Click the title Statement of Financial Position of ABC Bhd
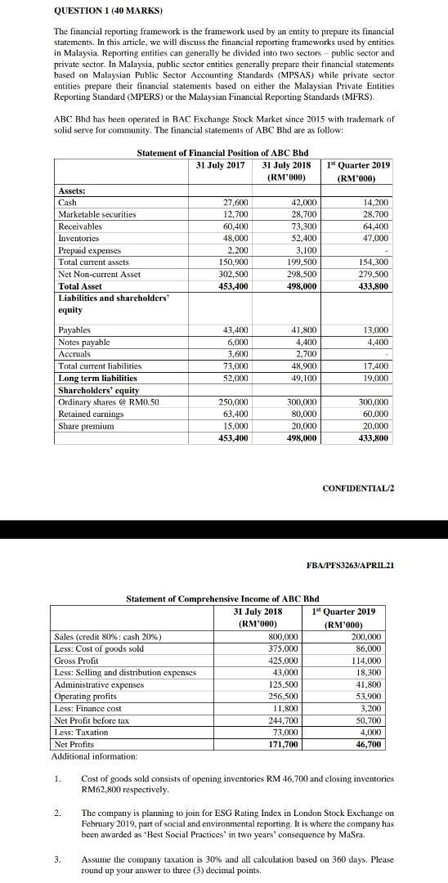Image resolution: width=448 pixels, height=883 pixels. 210,153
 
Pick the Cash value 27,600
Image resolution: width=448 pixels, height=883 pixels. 235,202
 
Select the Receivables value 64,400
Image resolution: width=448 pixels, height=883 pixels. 375,226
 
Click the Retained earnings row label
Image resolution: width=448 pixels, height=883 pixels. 90,415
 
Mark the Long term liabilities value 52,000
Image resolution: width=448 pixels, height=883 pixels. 235,379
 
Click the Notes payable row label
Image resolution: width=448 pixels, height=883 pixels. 83,342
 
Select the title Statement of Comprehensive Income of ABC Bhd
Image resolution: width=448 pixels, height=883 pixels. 209,599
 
